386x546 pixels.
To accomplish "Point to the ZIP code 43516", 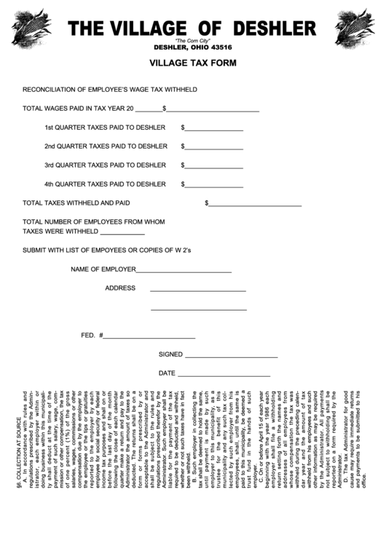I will [x=218, y=47].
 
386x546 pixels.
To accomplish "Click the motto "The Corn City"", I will [x=192, y=41].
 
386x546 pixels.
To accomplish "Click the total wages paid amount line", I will [x=213, y=110].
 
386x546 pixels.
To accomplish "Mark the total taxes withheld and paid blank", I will [x=255, y=205].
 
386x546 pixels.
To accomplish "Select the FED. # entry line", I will [x=149, y=338].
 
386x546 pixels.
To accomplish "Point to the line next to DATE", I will [x=224, y=375].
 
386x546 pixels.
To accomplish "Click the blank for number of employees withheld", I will [x=122, y=233].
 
